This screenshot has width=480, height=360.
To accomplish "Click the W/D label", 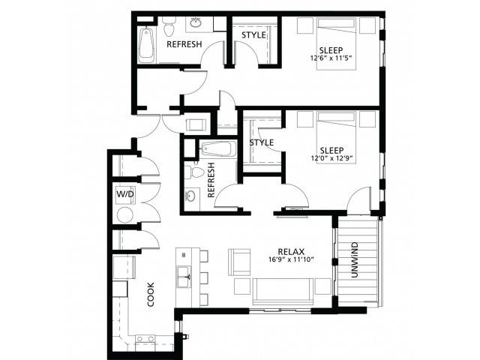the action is pyautogui.click(x=125, y=194).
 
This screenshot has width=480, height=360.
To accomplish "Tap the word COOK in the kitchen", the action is pyautogui.click(x=151, y=295).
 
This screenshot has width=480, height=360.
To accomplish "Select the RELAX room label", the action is pyautogui.click(x=291, y=252).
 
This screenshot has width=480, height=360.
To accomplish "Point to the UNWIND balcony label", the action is pyautogui.click(x=354, y=260).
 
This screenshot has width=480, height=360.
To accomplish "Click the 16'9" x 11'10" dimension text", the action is pyautogui.click(x=292, y=260).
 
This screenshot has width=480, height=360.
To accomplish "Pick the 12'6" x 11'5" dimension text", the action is pyautogui.click(x=333, y=58).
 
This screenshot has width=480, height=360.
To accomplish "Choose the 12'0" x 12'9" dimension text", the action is pyautogui.click(x=332, y=158).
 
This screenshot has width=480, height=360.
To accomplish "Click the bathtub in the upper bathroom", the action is pyautogui.click(x=146, y=45).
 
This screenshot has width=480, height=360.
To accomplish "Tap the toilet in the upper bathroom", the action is pyautogui.click(x=169, y=25).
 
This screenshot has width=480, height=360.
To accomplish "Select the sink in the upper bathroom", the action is pyautogui.click(x=196, y=22).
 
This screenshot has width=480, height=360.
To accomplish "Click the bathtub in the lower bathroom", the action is pyautogui.click(x=218, y=149).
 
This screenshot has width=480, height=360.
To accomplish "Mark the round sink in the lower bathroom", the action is pyautogui.click(x=190, y=196).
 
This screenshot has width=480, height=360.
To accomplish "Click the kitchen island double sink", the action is pyautogui.click(x=184, y=277).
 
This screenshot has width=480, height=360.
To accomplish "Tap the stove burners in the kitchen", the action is pyautogui.click(x=145, y=339).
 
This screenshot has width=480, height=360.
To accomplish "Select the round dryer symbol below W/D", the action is pyautogui.click(x=125, y=215).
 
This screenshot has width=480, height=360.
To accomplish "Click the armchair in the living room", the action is pyautogui.click(x=239, y=262).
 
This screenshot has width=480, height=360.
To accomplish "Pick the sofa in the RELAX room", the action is pyautogui.click(x=283, y=292).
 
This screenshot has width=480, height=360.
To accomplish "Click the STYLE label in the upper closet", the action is pyautogui.click(x=253, y=35).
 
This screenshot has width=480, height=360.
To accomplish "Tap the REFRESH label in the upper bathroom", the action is pyautogui.click(x=184, y=44).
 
